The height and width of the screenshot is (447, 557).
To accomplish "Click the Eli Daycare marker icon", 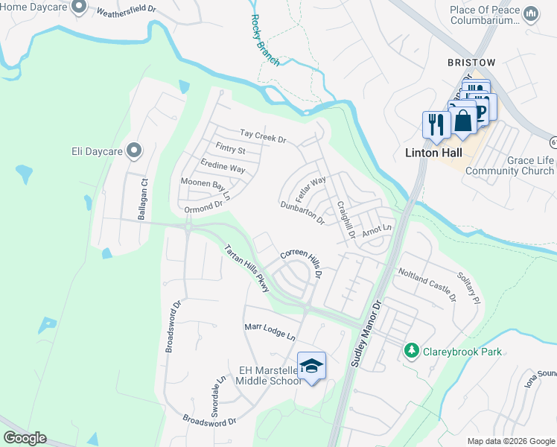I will (135, 151).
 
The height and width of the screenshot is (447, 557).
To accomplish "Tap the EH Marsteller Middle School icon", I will (312, 366).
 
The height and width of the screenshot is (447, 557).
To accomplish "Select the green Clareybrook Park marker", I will (410, 349).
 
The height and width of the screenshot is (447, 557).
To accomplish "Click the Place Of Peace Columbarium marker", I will (531, 14).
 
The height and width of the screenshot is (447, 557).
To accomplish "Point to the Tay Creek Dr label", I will (263, 136).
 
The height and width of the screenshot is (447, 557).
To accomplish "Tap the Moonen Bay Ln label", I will (206, 189).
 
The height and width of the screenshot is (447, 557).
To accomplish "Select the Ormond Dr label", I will (203, 206).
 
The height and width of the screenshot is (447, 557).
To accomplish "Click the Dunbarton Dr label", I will (302, 213).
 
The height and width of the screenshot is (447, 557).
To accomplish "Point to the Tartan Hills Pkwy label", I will (246, 268).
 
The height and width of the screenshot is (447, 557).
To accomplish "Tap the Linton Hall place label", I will (433, 153).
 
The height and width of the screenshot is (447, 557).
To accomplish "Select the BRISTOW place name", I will (471, 63).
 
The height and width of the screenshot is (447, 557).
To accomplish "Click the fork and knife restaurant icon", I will (434, 123).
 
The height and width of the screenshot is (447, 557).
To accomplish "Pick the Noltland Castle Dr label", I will (427, 285).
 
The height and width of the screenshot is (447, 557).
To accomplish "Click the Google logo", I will (25, 438).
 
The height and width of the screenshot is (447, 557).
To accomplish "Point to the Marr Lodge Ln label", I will (270, 332).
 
